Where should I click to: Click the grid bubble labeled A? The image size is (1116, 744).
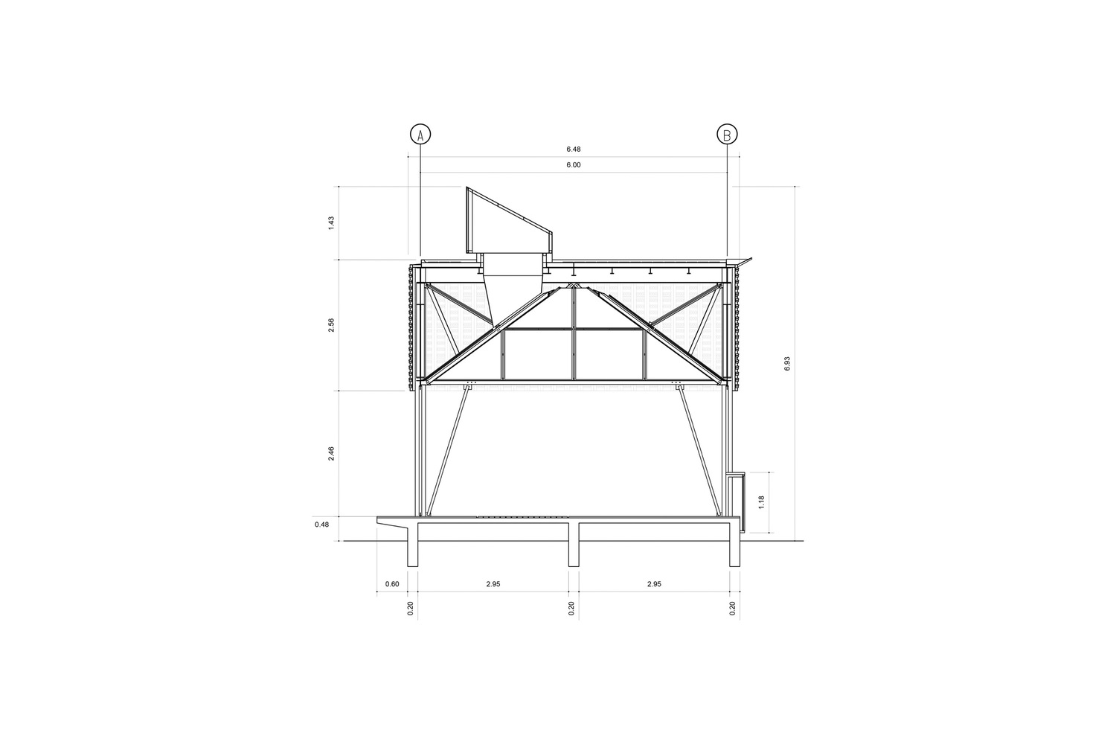tap(420, 135)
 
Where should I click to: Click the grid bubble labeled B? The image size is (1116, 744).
tap(727, 135)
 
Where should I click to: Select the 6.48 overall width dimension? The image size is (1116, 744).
tap(574, 149)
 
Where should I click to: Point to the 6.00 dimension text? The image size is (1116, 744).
tap(574, 165)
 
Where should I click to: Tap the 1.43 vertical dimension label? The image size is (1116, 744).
tap(331, 222)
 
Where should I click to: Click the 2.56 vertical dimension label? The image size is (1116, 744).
tap(331, 325)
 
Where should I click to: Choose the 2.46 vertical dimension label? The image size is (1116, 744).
tap(331, 454)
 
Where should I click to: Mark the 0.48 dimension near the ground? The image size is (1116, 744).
tap(322, 525)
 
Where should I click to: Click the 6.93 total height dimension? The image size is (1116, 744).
tap(787, 363)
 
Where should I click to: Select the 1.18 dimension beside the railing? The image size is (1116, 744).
tap(761, 501)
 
